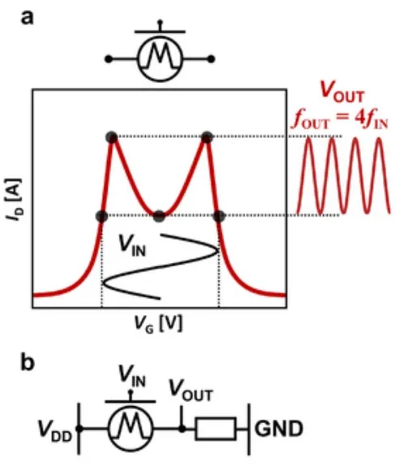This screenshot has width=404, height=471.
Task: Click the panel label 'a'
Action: [x=27, y=18]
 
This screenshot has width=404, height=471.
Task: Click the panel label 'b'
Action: [x=28, y=362]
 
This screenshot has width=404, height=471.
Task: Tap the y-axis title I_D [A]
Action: [x=15, y=200]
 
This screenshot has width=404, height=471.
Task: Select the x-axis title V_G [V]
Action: [x=158, y=324]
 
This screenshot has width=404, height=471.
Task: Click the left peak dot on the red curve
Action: [x=112, y=137]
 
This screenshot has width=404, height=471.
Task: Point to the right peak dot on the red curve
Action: [x=207, y=137]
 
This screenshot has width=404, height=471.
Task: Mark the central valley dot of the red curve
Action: [x=159, y=216]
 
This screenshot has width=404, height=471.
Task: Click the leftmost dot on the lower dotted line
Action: [x=101, y=216]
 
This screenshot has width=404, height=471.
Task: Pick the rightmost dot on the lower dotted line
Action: [x=219, y=216]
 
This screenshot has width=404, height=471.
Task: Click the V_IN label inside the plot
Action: [x=132, y=247]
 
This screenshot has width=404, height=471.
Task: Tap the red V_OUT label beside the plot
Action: [x=342, y=92]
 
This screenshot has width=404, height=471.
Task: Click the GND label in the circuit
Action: [x=279, y=429]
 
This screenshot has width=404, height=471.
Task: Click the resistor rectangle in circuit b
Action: [x=216, y=429]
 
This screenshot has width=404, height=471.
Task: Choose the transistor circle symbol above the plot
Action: [x=160, y=58]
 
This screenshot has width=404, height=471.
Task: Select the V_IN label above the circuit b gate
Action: [x=132, y=377]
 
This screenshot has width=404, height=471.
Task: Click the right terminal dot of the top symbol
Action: [x=211, y=58]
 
